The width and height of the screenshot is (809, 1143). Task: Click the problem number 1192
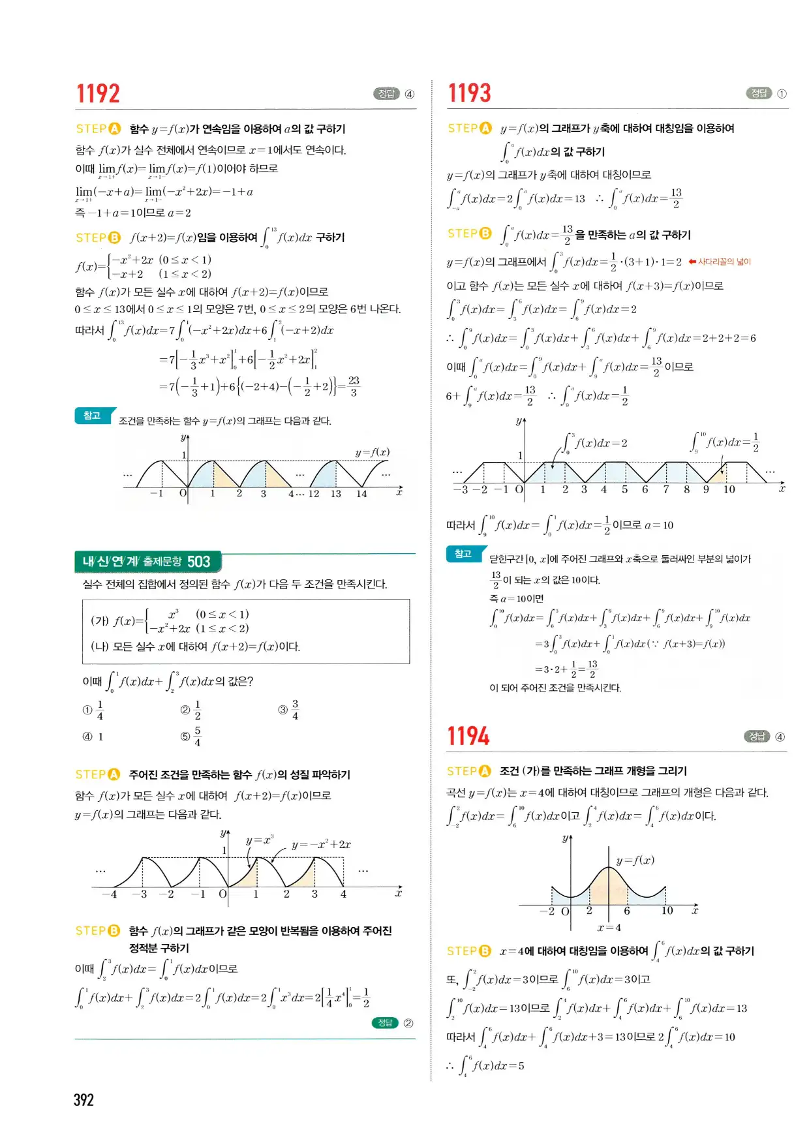coord(98,94)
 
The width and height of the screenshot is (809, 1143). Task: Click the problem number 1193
coord(469,93)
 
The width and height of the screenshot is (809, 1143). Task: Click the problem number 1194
coord(468,737)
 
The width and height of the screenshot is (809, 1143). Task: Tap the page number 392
coord(84,1100)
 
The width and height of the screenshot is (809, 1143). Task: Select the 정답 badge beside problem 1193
coord(759,93)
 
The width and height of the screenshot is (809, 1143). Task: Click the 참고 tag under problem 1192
coord(92,416)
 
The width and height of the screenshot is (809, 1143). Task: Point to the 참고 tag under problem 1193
coord(463,554)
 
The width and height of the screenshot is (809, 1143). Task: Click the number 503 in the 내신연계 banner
coord(198,562)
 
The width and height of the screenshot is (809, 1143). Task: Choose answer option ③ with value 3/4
coord(289,710)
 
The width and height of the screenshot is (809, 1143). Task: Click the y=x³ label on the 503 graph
coord(260,840)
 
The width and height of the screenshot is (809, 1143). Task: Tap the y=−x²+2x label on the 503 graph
coord(321,844)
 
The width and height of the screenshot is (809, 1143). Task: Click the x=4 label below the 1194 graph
coord(609,927)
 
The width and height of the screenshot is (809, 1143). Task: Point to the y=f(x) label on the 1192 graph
coord(372,452)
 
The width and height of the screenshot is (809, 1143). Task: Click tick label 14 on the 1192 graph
coord(361,494)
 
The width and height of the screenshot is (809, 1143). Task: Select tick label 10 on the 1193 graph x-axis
coord(729,489)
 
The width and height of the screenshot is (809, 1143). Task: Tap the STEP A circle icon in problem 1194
coord(485,771)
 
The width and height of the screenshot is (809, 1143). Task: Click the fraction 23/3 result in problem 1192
coord(354,386)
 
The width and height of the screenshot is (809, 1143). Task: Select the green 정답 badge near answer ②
coord(385,1023)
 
